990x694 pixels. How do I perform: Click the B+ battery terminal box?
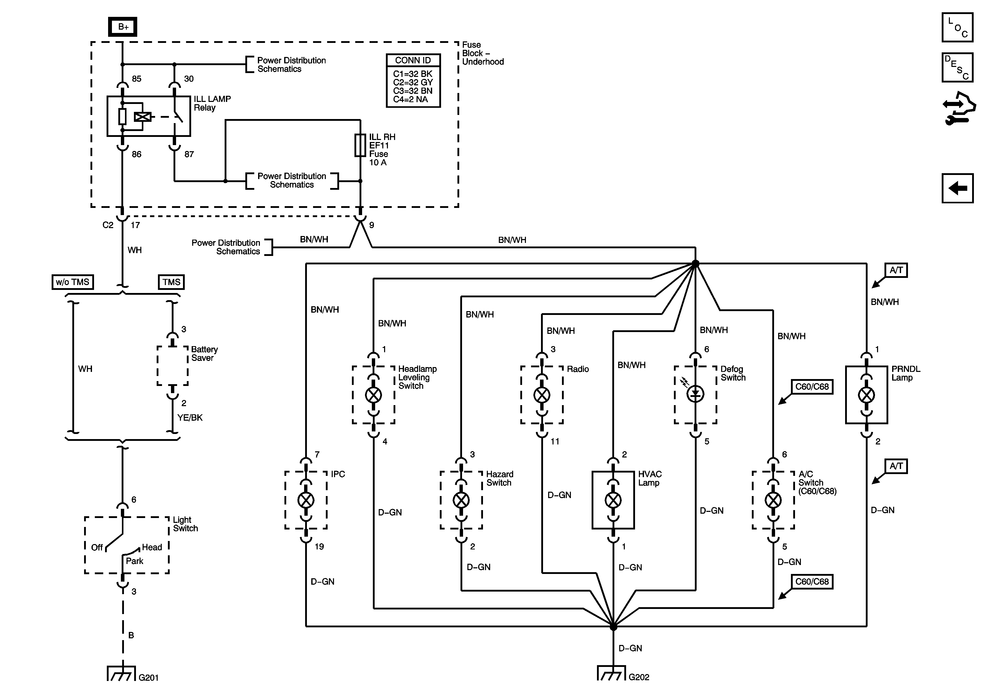[x=123, y=27]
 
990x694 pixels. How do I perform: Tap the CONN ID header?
[x=413, y=60]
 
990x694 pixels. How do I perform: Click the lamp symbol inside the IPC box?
[x=306, y=500]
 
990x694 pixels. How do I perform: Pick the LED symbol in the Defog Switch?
[x=695, y=394]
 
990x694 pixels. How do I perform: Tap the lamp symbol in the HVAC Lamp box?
[x=613, y=500]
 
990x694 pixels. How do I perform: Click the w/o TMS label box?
[x=72, y=282]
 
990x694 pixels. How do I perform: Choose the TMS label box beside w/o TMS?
[x=171, y=282]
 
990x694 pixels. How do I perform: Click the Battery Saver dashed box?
[x=172, y=366]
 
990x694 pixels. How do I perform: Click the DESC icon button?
[x=957, y=67]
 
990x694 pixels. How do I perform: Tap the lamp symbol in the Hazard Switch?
[x=461, y=500]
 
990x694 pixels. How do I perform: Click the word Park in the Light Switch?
[x=134, y=561]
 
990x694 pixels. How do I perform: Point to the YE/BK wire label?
[x=190, y=417]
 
